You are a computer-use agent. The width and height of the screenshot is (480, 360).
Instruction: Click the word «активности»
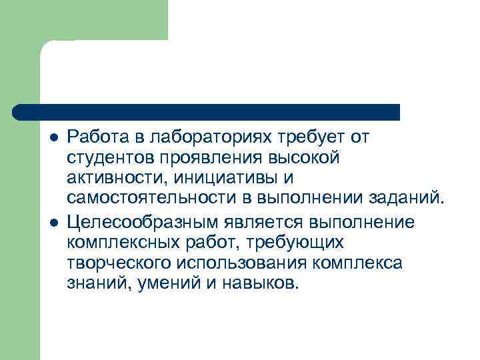[x=117, y=178]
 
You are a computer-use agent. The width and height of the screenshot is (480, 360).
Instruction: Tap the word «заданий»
[x=406, y=199]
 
